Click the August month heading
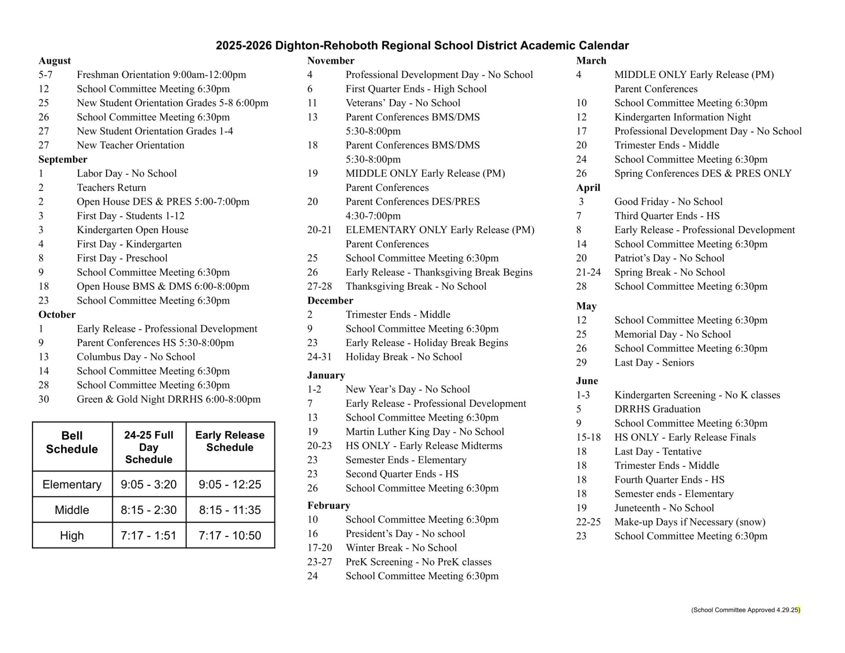[x=54, y=61]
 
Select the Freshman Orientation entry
[x=161, y=75]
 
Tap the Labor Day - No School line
[x=126, y=173]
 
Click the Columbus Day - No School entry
[x=136, y=357]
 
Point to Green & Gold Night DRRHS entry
[x=168, y=399]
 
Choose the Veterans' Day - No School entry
[x=403, y=103]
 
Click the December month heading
[x=330, y=300]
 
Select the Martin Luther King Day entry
[x=425, y=431]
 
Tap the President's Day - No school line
[x=405, y=533]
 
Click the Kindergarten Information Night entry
[x=682, y=117]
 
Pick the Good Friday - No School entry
[x=668, y=202]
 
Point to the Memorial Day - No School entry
[x=673, y=334]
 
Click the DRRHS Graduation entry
[x=657, y=409]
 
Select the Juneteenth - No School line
[x=664, y=508]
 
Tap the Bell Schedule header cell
[x=72, y=442]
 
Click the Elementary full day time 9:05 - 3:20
[x=149, y=484]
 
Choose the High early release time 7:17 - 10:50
[x=230, y=535]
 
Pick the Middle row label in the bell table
[x=72, y=510]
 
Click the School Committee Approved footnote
[x=745, y=610]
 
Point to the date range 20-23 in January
[x=319, y=446]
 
